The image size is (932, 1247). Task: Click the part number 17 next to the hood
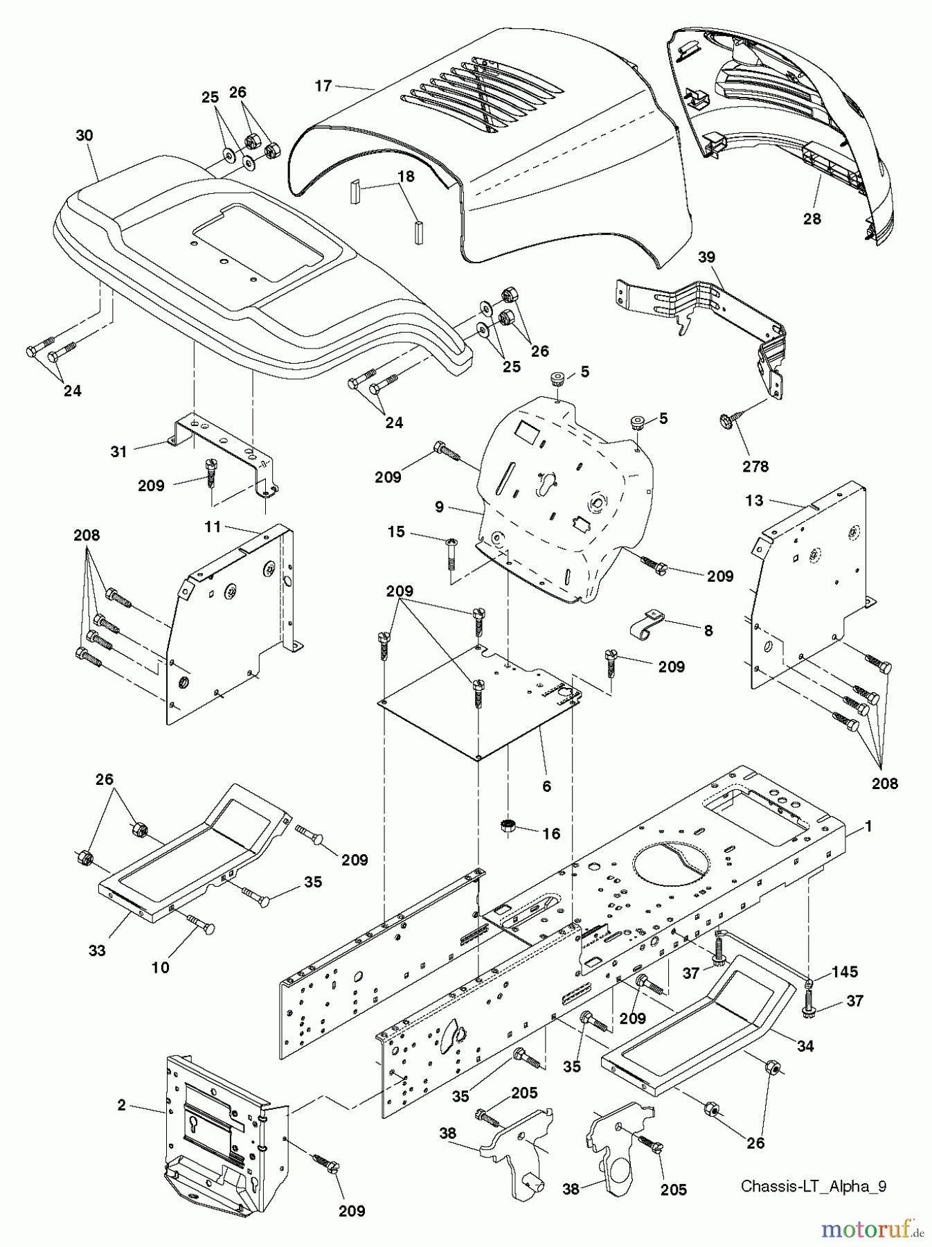click(323, 86)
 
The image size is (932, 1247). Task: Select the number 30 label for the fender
click(84, 136)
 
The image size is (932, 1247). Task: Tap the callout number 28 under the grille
click(812, 219)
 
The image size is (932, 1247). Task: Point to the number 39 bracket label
click(706, 257)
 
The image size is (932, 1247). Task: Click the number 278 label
click(755, 466)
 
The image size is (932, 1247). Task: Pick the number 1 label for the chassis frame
click(868, 826)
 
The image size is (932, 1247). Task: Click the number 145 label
click(843, 973)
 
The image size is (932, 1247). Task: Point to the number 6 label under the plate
click(546, 786)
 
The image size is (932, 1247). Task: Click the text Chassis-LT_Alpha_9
click(813, 1185)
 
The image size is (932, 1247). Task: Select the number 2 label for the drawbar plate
click(122, 1105)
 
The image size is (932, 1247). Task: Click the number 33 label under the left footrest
click(97, 950)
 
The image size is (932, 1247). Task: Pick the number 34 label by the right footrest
click(805, 1046)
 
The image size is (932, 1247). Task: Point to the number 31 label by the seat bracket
click(119, 452)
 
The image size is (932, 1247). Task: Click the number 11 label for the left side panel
click(212, 527)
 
